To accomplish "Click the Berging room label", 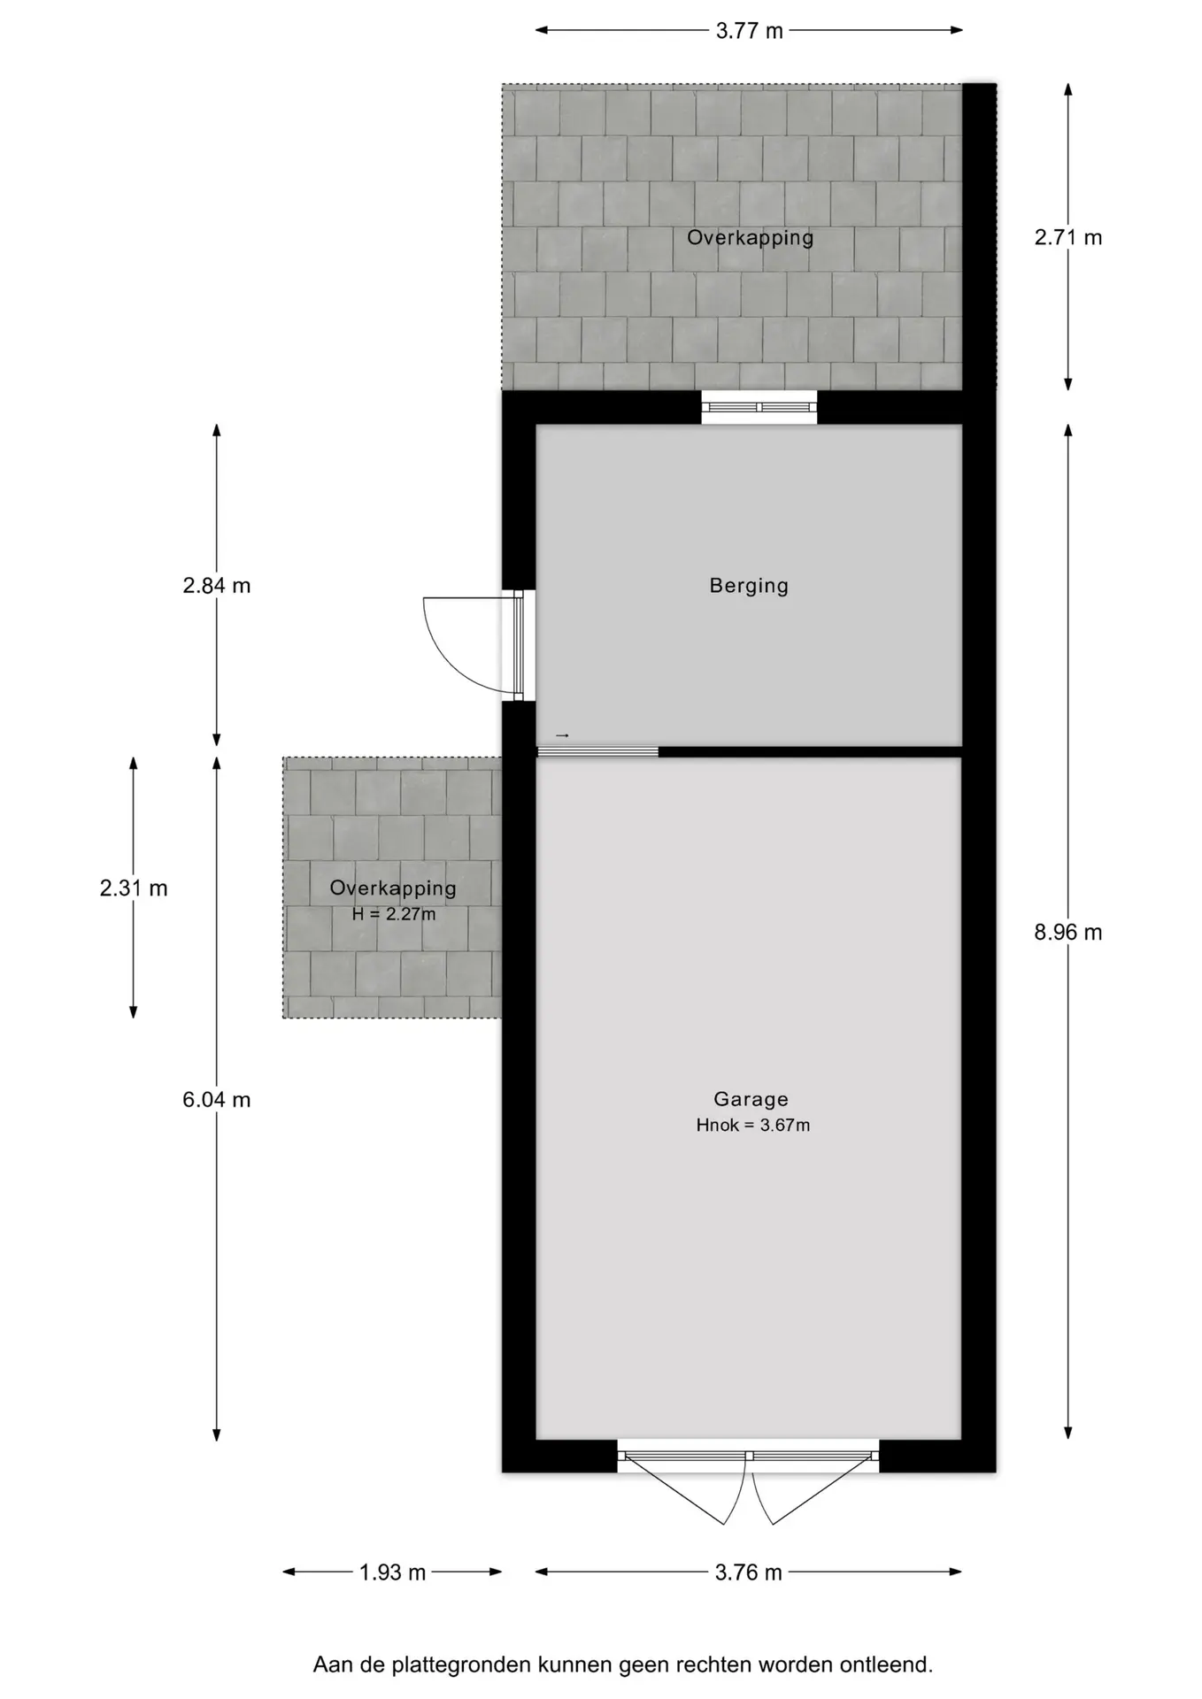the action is [x=749, y=586].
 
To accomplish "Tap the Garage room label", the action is [x=751, y=1099].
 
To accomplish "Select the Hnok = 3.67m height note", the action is [x=752, y=1126].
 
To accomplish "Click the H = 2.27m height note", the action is [x=394, y=914].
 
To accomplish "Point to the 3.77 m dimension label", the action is [x=750, y=31].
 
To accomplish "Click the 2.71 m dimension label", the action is [x=1068, y=237].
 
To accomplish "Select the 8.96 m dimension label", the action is [x=1068, y=932].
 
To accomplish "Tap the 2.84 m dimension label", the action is [x=217, y=585].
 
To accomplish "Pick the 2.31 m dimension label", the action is [x=134, y=888].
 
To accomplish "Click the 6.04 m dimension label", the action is [x=217, y=1100].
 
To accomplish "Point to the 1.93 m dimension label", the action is [x=392, y=1572].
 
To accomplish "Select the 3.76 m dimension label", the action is [x=749, y=1572].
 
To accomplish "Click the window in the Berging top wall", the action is [x=759, y=407].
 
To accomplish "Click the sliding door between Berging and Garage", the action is [x=597, y=752].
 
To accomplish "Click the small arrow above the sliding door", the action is [x=562, y=735].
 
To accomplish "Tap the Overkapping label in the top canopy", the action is [x=750, y=238].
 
